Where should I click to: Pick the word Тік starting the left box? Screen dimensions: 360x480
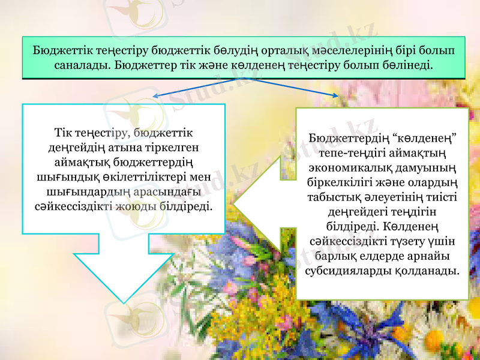coord(62,131)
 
